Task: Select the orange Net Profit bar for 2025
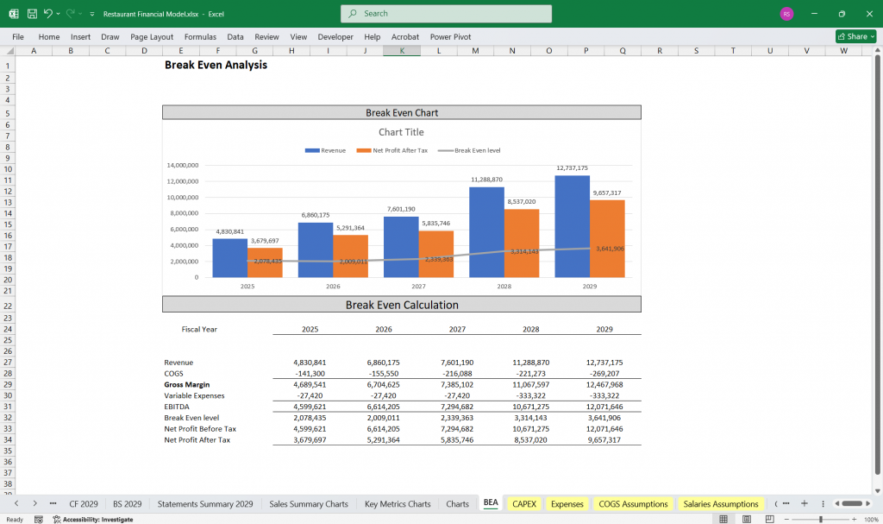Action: (265, 262)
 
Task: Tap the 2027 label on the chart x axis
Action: (418, 286)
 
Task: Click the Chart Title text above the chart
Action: (401, 132)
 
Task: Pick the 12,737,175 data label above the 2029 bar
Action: (572, 168)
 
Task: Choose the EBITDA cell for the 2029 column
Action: (605, 407)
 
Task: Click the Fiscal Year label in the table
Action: (200, 329)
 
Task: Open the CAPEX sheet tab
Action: (523, 503)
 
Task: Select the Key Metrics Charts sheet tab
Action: (397, 503)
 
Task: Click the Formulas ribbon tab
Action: (200, 37)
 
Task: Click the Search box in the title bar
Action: (446, 14)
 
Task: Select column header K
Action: (401, 51)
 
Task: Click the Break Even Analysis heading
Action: (216, 65)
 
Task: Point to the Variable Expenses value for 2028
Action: (531, 395)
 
